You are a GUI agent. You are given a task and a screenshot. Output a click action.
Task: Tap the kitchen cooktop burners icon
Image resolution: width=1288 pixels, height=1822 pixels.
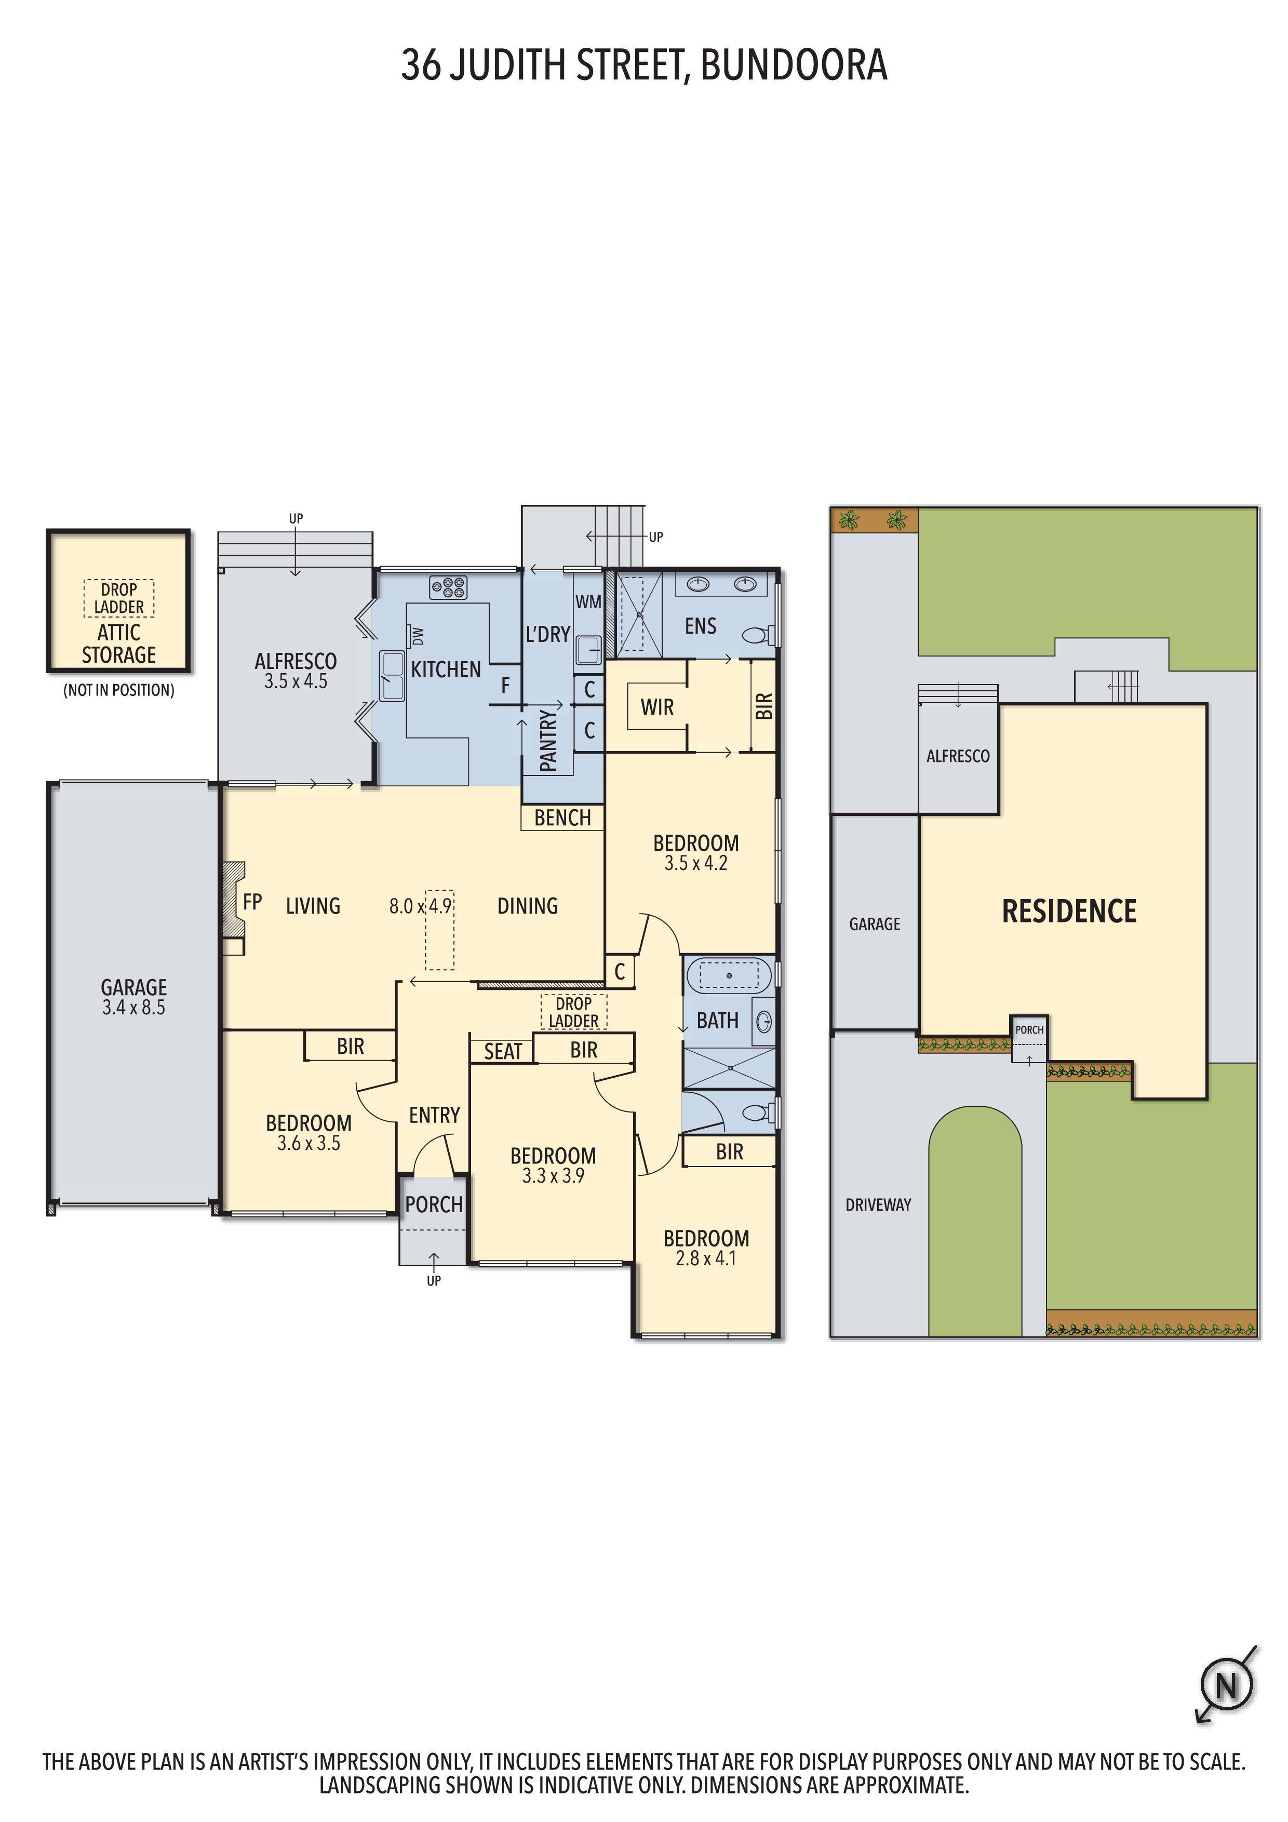448,587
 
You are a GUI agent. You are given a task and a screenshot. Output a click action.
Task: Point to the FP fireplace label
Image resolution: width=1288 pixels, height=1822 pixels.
252,902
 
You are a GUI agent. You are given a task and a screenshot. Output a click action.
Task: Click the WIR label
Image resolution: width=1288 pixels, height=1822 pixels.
657,707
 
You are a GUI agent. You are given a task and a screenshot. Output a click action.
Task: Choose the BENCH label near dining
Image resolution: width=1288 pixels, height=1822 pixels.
562,818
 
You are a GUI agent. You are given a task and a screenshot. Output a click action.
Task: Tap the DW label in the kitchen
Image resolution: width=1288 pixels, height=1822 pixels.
418,636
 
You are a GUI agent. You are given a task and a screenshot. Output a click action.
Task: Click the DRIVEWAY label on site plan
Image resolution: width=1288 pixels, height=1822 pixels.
878,1204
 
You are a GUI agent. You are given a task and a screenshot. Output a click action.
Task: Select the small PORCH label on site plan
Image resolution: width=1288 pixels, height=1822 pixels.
1029,1030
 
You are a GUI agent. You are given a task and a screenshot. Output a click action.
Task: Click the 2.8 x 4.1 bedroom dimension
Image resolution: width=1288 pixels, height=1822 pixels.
705,1258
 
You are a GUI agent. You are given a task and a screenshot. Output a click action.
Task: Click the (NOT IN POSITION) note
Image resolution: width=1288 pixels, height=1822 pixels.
119,690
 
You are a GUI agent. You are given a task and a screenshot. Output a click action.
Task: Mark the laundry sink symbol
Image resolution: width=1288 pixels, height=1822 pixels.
588,649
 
